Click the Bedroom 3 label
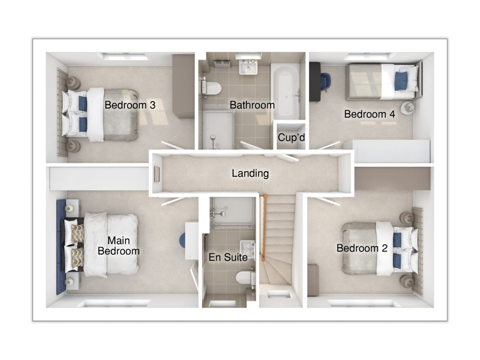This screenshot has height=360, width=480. [130, 105]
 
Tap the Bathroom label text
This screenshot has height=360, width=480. [252, 105]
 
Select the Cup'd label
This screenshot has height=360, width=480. [291, 137]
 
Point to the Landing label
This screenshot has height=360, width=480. [250, 173]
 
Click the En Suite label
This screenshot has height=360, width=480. [228, 257]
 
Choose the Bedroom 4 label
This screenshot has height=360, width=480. [370, 114]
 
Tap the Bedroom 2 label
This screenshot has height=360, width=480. [362, 248]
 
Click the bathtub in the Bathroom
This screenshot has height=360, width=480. [287, 91]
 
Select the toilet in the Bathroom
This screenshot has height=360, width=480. [212, 88]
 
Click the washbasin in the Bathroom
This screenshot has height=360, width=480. [248, 68]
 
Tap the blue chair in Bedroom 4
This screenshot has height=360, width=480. [326, 81]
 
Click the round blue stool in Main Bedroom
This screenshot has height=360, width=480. [182, 241]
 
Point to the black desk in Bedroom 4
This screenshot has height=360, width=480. [315, 82]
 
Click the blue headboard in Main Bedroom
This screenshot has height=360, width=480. [61, 247]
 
